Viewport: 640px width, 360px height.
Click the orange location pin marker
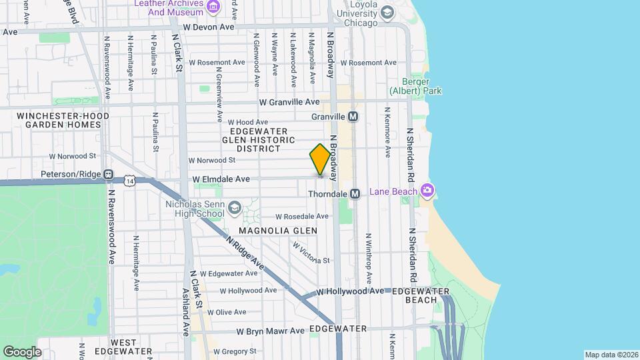tap(320, 160)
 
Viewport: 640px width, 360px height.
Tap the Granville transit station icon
tap(353, 116)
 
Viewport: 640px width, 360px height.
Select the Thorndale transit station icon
tap(355, 193)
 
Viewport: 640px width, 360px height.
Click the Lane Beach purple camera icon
tap(427, 191)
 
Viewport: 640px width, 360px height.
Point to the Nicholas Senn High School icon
tap(234, 208)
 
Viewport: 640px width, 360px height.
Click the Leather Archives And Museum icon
tap(213, 7)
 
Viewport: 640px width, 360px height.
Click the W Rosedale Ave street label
tap(302, 217)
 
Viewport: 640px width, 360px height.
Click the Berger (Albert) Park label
tap(416, 86)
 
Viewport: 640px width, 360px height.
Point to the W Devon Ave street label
tap(209, 27)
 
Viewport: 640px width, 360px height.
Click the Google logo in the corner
tap(22, 351)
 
